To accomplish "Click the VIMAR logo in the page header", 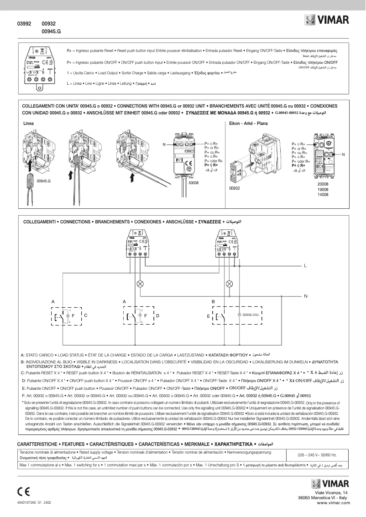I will (x=327, y=20).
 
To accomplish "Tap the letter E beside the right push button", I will (x=208, y=315).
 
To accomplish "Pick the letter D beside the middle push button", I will (x=157, y=315).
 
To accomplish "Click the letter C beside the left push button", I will (x=85, y=315).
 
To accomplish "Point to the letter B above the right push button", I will (x=213, y=302).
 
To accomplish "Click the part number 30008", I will (x=194, y=182).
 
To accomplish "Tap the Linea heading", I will (x=28, y=123).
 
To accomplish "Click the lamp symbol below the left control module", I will (x=141, y=284).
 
